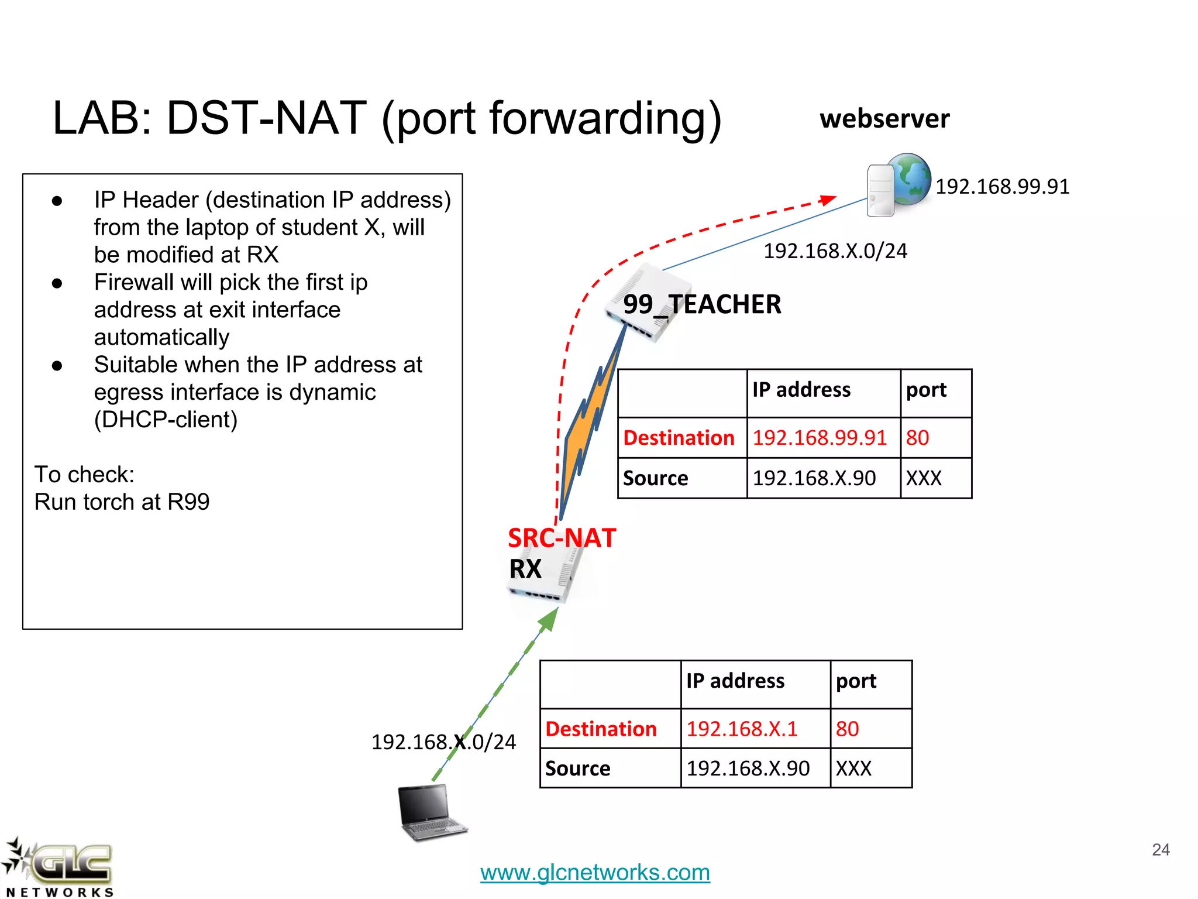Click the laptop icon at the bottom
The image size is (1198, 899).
(x=431, y=812)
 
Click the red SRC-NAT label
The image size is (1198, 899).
(x=562, y=538)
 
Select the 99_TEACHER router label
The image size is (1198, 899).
(x=702, y=304)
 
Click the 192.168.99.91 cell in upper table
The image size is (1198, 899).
(x=820, y=438)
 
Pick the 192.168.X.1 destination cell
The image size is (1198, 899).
(x=742, y=729)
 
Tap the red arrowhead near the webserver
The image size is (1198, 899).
(x=828, y=200)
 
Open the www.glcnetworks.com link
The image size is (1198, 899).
(x=595, y=872)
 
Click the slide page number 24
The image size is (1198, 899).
(x=1161, y=849)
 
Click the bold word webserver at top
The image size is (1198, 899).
(x=884, y=119)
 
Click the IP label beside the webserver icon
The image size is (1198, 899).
(x=1002, y=187)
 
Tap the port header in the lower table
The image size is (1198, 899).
(x=856, y=681)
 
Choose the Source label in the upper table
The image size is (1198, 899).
(x=655, y=478)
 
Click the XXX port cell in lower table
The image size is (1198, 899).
(x=853, y=768)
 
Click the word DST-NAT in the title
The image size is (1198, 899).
(x=266, y=119)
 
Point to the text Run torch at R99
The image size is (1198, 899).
(x=122, y=502)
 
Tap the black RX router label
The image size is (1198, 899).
(x=525, y=569)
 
